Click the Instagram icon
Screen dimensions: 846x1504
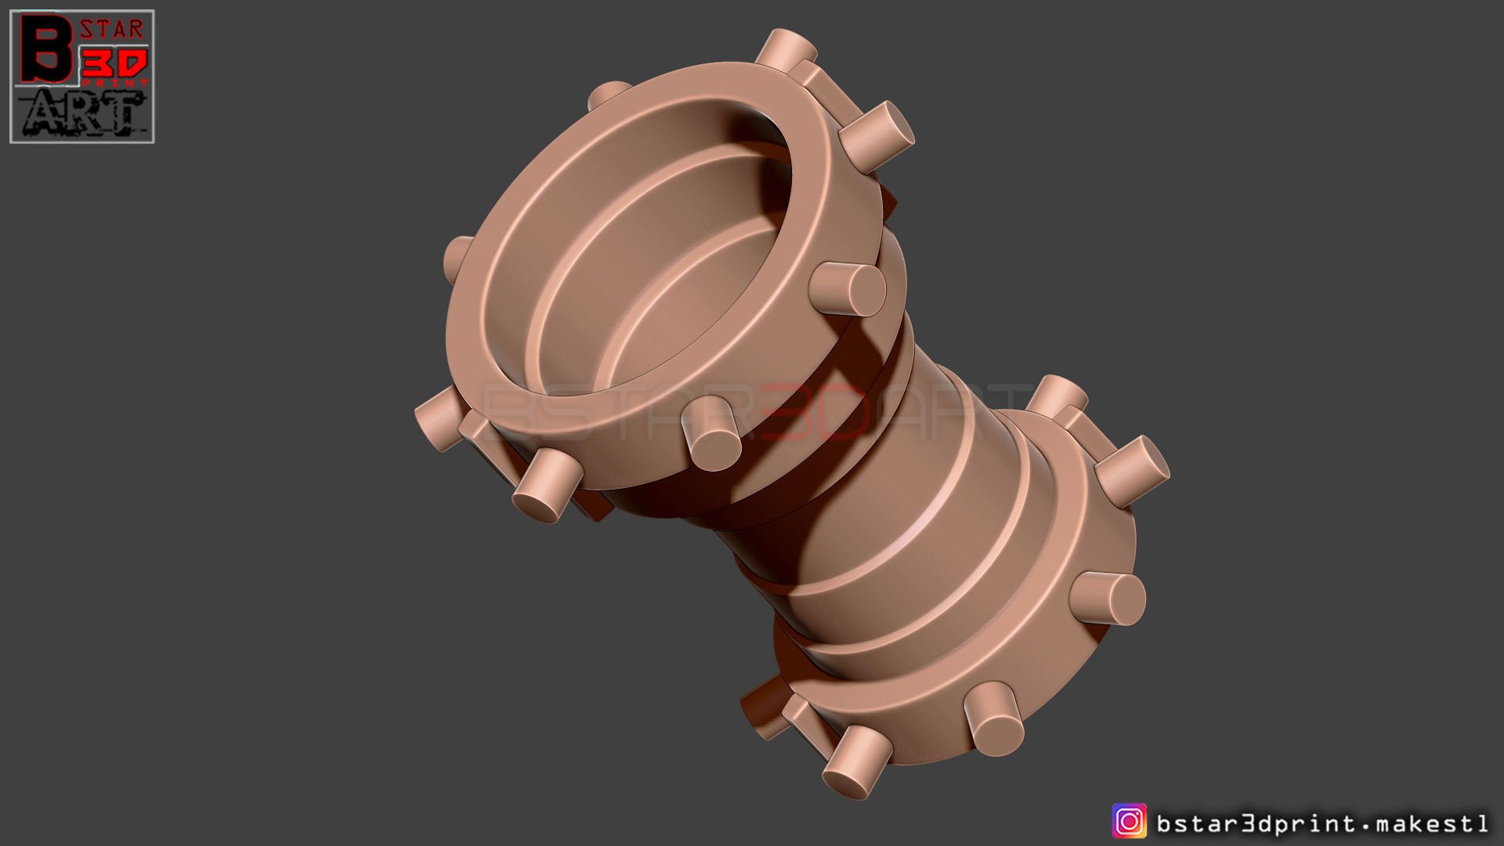tap(1129, 822)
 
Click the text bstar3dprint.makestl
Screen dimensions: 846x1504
tap(1322, 823)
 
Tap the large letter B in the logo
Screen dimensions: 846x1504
tap(45, 49)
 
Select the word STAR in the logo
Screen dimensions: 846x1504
tap(112, 31)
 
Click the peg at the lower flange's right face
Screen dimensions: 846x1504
tap(1108, 598)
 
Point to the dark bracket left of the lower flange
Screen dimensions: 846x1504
tap(764, 709)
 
